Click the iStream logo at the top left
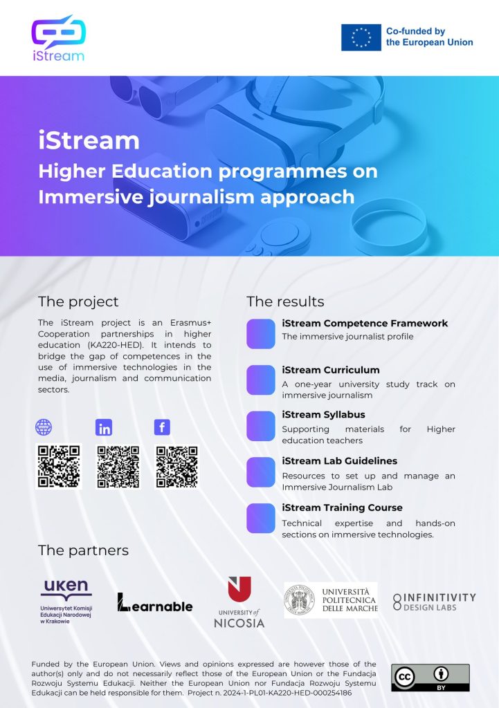click(58, 39)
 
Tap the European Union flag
click(361, 37)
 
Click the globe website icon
click(44, 427)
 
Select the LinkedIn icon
click(104, 427)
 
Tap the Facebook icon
click(162, 427)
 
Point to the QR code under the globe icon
click(59, 467)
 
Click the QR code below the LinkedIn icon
click(118, 467)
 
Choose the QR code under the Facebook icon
click(176, 467)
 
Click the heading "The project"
click(78, 301)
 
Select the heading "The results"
click(285, 301)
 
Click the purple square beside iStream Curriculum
click(261, 380)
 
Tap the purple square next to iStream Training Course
click(261, 519)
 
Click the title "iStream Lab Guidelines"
click(339, 461)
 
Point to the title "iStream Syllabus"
click(323, 415)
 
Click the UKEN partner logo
click(66, 602)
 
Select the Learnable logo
click(154, 602)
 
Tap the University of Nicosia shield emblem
click(239, 589)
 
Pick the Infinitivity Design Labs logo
click(434, 602)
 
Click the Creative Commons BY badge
click(430, 678)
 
